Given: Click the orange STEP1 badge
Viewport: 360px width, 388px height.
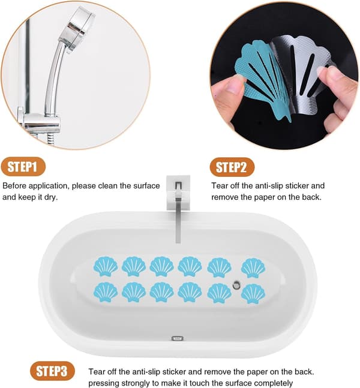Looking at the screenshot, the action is [x=23, y=167].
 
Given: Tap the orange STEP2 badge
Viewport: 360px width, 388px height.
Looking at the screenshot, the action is [x=232, y=167].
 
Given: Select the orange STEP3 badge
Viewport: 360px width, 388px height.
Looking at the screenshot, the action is [x=52, y=371].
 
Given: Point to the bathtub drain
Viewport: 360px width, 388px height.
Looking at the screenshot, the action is [x=236, y=285].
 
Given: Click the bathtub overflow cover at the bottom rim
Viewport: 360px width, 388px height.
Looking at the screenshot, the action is [x=177, y=338].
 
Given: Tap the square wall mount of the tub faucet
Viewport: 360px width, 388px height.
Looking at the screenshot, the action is [x=178, y=192].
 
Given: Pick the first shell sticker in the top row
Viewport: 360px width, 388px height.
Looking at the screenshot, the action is [x=106, y=266].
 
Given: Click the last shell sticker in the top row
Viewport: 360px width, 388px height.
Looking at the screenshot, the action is [x=253, y=268].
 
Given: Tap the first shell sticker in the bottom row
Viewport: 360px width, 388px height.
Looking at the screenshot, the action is [x=106, y=292].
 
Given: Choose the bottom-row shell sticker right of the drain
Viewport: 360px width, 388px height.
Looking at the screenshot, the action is [x=253, y=294].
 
